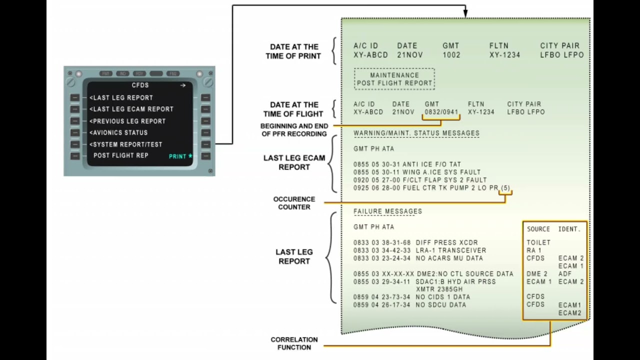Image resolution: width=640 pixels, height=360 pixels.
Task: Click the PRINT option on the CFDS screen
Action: tap(180, 156)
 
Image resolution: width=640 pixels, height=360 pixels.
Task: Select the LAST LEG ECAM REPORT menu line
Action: tap(132, 109)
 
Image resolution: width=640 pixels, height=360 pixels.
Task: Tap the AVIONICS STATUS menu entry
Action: tap(119, 132)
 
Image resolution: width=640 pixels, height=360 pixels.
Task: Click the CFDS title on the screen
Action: tap(140, 85)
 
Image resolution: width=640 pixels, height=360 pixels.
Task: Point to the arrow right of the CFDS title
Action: tap(183, 85)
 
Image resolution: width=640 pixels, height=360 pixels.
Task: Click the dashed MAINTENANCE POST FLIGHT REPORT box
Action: tap(394, 79)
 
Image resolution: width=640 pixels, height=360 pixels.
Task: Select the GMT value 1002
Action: tap(451, 55)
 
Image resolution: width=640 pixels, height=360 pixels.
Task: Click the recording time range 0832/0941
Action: tap(441, 112)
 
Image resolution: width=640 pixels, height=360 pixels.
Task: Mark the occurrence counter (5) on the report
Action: tap(505, 188)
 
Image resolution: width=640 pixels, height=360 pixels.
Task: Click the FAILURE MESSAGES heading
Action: tap(387, 211)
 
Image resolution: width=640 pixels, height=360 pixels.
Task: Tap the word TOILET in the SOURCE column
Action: tap(538, 242)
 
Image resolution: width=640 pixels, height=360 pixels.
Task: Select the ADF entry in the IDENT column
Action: tap(564, 274)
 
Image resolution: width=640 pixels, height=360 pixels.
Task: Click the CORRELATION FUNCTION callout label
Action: tap(294, 343)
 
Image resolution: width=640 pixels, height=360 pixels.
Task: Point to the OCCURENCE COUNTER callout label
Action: tap(294, 203)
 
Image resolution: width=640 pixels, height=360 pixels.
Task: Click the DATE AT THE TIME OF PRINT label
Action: tap(293, 51)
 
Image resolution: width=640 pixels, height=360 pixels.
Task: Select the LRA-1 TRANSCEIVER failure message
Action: tap(450, 250)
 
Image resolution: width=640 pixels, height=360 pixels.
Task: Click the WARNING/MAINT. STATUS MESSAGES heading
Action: tap(416, 133)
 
